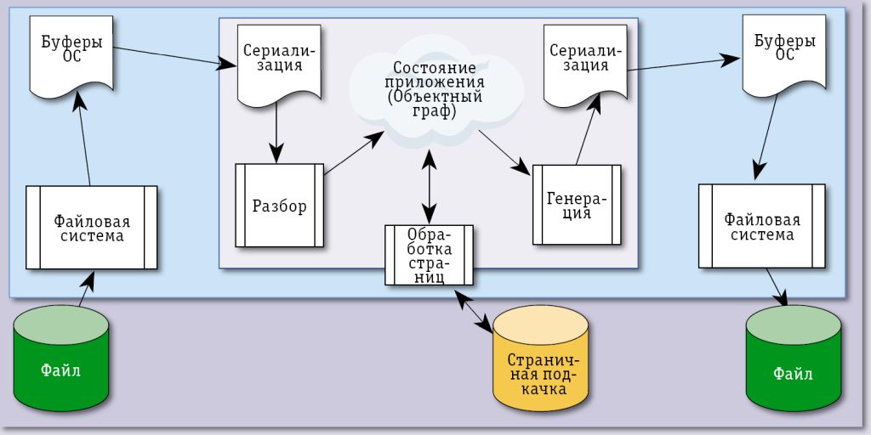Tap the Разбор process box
[279, 205]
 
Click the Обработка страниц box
[429, 255]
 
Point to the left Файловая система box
[92, 227]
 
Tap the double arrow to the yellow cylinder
[475, 311]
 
